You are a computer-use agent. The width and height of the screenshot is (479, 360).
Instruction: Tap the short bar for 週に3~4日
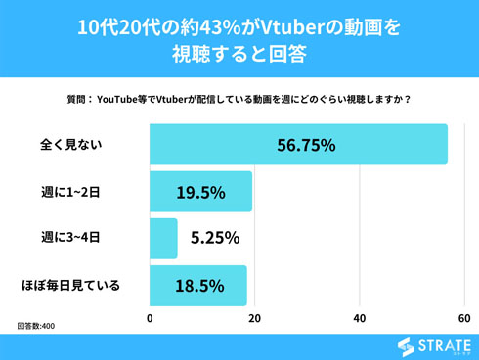click(163, 238)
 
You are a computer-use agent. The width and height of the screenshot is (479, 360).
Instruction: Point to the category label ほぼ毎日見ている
click(71, 285)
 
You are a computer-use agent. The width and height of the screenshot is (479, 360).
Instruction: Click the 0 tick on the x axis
click(151, 318)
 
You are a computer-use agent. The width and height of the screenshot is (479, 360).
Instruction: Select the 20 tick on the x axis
click(255, 318)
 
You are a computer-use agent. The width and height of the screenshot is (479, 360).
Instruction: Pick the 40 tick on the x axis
click(360, 318)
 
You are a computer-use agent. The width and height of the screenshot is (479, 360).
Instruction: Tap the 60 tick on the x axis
click(463, 318)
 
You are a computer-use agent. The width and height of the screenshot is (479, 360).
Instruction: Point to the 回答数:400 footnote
click(36, 325)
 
